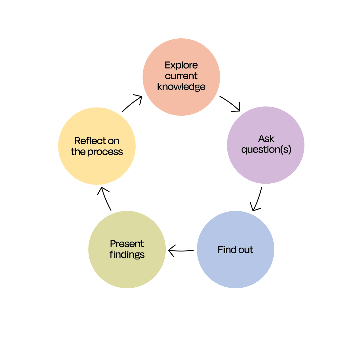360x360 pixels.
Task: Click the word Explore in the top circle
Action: coord(181,65)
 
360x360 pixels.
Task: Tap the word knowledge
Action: coord(181,87)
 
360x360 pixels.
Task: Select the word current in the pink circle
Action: coord(181,76)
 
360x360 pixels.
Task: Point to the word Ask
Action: coord(266,139)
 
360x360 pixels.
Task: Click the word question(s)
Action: coord(266,149)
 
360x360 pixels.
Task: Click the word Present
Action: coord(127,244)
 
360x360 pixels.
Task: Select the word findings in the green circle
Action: coord(127,254)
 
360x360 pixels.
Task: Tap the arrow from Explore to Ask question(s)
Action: coord(230,103)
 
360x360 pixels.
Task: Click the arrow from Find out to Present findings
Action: coord(181,251)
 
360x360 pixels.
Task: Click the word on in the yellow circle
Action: coord(113,141)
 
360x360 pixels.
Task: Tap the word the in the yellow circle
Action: coord(78,152)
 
